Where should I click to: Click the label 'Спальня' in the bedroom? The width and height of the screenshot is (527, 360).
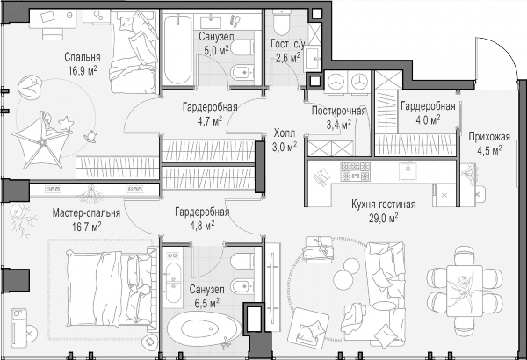pos(83,57)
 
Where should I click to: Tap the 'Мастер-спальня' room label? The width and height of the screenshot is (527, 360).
pos(86,213)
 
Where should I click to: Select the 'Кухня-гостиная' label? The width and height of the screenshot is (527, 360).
pos(384,204)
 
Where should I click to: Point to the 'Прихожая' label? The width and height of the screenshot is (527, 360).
pos(489,137)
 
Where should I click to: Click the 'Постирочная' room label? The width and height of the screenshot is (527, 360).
pos(339,111)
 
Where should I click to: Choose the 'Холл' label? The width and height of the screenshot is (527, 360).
pos(285,133)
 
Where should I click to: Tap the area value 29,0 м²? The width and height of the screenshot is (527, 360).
pos(384,218)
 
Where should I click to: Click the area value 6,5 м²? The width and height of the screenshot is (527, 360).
pos(206,303)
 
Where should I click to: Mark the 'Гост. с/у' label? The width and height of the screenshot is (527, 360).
pos(288,44)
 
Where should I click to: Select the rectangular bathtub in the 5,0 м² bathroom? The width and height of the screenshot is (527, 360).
pos(177,49)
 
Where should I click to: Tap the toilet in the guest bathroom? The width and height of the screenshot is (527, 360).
pos(281,22)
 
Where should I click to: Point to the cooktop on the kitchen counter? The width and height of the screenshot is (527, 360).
pos(356,171)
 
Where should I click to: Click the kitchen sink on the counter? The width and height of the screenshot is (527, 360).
pos(408,170)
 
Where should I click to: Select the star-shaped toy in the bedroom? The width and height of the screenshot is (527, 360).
pos(66,123)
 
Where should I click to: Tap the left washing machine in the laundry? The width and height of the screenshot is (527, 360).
pos(336,82)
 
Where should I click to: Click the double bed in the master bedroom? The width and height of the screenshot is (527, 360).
pos(112,288)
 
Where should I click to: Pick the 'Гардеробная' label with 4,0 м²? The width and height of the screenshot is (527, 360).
pos(429,106)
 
